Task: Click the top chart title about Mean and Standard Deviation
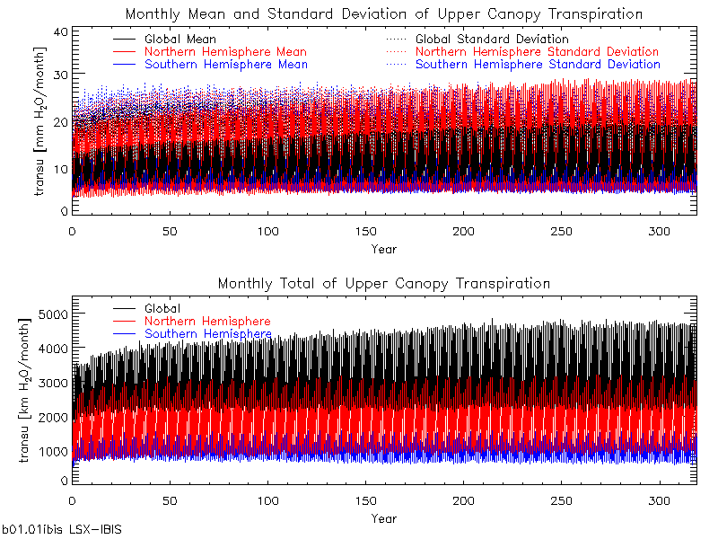(383, 14)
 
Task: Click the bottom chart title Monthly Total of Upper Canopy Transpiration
(383, 284)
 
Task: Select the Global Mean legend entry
(179, 40)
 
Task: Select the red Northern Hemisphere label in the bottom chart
(207, 322)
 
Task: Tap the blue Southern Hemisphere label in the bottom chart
(207, 334)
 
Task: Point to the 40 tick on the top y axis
(62, 31)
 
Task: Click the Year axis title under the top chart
(383, 248)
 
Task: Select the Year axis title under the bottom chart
(383, 518)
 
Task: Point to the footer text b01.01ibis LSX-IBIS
(61, 530)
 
